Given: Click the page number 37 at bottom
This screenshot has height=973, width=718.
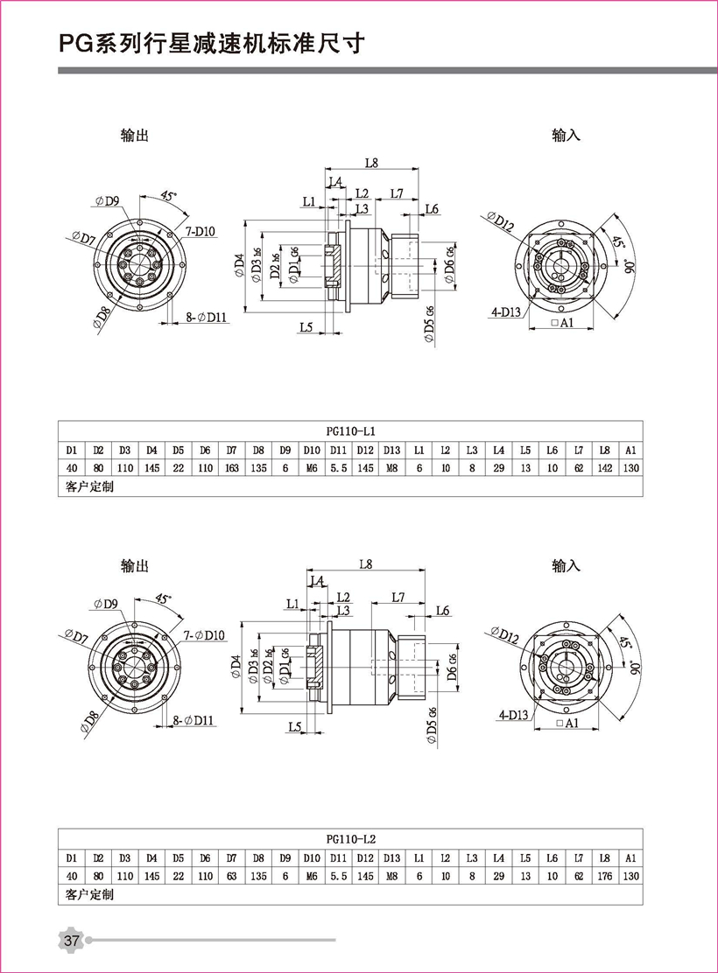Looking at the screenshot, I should tap(71, 941).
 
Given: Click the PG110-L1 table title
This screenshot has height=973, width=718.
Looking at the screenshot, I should tap(350, 431).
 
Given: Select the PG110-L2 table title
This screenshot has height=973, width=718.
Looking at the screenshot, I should tap(350, 838).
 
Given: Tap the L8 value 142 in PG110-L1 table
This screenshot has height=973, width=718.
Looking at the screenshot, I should tap(603, 468).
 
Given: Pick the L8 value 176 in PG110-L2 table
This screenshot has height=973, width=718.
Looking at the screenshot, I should tap(603, 875).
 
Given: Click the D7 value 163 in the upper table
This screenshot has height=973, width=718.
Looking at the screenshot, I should tap(231, 468).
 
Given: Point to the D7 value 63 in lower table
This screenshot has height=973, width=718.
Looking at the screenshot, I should tap(231, 875).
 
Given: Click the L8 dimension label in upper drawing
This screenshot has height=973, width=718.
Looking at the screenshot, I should tap(371, 162).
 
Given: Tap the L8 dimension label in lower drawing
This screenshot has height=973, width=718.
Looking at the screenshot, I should tap(364, 564).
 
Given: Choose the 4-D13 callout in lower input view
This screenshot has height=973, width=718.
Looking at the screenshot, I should tap(515, 714).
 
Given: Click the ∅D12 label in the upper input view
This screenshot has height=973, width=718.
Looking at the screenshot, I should tap(502, 221).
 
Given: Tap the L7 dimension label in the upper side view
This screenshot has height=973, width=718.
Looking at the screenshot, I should tap(396, 192).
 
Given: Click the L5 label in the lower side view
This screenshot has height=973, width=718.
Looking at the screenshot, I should tap(294, 727).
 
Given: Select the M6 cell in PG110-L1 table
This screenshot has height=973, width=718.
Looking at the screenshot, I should tap(311, 468).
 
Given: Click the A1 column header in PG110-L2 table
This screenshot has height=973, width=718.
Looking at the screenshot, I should tap(630, 857).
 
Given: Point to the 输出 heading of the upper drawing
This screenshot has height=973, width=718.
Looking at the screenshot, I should tap(135, 136).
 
